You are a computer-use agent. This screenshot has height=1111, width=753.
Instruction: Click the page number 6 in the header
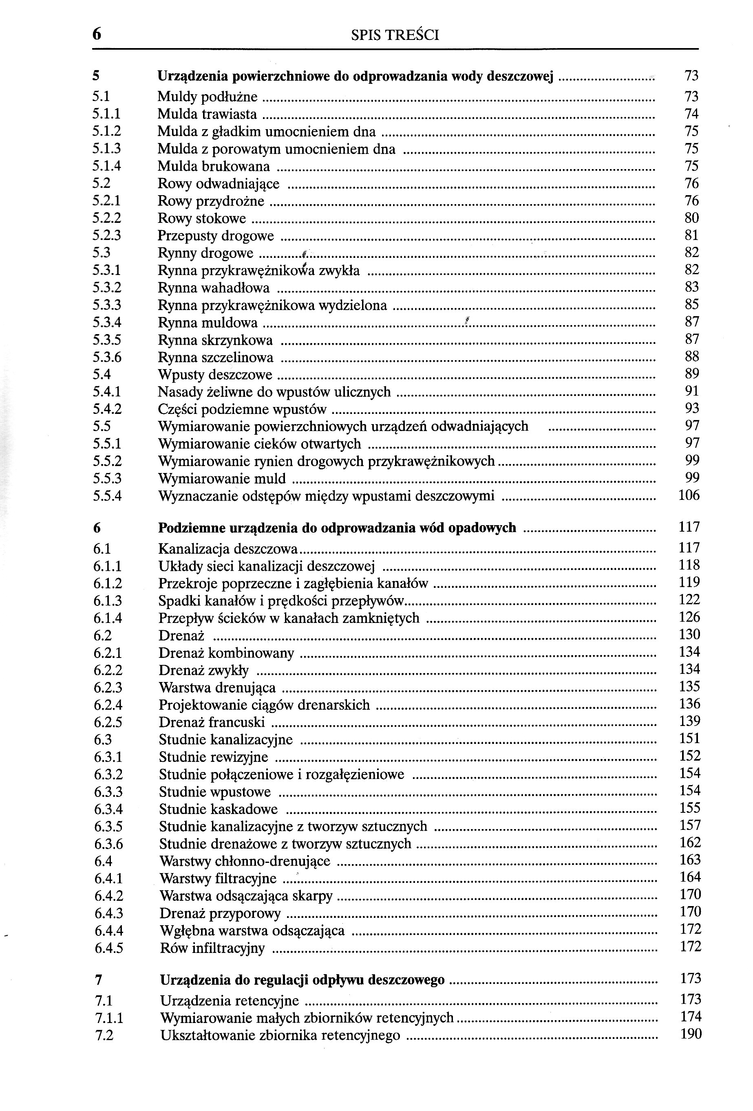click(97, 34)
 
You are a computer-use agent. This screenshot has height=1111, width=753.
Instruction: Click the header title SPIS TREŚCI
click(395, 35)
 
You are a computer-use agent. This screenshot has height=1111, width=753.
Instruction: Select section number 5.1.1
click(107, 114)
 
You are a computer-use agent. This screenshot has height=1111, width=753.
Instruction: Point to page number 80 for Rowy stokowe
click(691, 218)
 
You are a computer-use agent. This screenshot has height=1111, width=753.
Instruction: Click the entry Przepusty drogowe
click(216, 235)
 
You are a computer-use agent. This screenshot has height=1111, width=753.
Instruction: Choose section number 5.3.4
click(107, 323)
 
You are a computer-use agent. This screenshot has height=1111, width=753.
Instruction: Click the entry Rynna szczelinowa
click(215, 358)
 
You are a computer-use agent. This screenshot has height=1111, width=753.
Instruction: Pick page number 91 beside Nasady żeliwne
click(691, 391)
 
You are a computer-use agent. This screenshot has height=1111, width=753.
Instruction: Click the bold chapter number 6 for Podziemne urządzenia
click(97, 528)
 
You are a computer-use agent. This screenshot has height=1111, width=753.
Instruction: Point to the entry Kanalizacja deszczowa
click(228, 549)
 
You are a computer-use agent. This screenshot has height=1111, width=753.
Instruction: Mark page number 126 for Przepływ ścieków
click(689, 617)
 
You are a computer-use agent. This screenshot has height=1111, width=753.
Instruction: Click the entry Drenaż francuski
click(212, 722)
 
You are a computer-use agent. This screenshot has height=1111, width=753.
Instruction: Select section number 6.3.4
click(108, 810)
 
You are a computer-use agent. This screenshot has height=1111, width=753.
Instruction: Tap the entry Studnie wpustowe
click(215, 792)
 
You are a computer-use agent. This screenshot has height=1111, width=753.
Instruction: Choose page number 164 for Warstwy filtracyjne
click(690, 877)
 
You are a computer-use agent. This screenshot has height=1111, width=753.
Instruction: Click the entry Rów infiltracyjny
click(212, 948)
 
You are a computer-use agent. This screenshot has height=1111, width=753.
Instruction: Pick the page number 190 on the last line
click(691, 1034)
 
